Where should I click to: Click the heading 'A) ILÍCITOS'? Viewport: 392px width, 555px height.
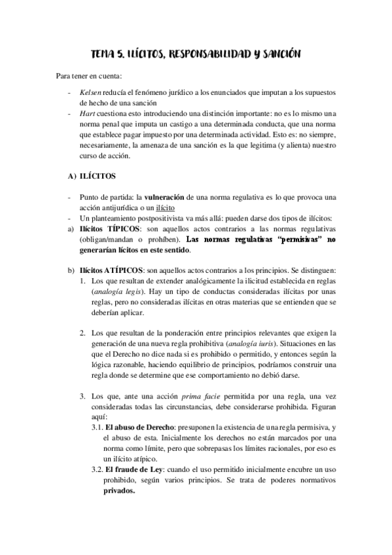coord(92,177)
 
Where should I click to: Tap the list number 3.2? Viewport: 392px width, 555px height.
coord(96,469)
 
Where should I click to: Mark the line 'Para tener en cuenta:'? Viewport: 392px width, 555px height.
coord(84,77)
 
